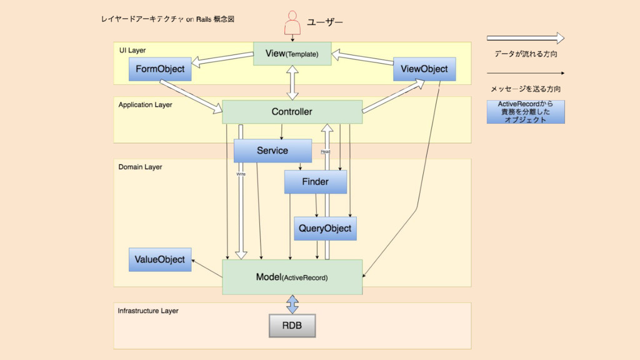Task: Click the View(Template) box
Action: (292, 54)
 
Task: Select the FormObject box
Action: (160, 69)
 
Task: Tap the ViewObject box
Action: (424, 69)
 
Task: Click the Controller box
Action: (292, 112)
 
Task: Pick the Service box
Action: (272, 151)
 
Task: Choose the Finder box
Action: (315, 182)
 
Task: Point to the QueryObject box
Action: (325, 229)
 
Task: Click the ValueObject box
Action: (160, 259)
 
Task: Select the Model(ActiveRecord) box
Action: (292, 277)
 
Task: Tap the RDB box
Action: (292, 326)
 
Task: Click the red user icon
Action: (292, 23)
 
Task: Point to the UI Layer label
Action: (132, 50)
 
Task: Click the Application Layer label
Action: (145, 105)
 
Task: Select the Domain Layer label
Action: (140, 167)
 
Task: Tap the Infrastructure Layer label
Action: (147, 311)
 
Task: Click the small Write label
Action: (241, 174)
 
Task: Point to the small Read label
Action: (326, 152)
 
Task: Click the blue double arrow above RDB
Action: (292, 304)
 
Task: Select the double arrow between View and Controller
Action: (292, 82)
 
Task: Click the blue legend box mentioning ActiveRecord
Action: (526, 112)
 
